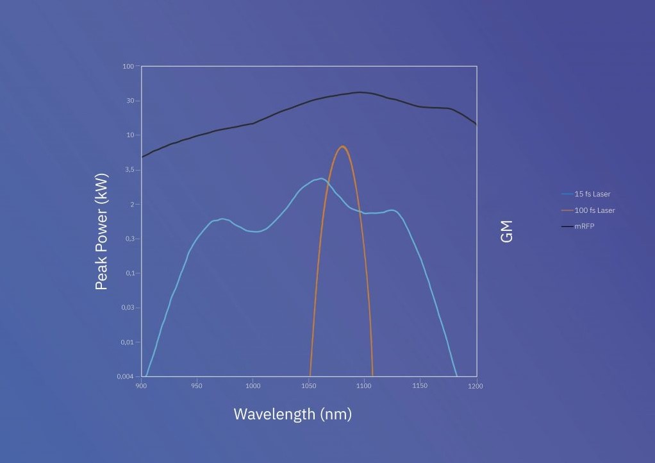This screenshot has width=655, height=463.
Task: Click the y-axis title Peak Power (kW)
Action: coord(101,231)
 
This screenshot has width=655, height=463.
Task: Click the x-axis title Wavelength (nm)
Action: coord(292,414)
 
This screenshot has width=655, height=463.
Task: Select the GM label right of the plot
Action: coord(507,231)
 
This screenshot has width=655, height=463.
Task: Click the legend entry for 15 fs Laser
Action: coord(592,194)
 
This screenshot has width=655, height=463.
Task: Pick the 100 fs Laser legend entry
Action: coord(594,210)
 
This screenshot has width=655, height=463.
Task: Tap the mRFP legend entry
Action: coord(584,226)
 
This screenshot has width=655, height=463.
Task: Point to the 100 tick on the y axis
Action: coord(128,66)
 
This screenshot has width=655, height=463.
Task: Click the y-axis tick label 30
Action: coord(130,101)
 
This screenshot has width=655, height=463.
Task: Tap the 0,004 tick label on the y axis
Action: coord(125,376)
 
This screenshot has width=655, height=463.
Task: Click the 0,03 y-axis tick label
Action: coord(127,308)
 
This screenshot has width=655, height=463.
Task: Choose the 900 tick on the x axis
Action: coord(142,386)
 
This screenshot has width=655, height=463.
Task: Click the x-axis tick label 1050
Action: coord(309,386)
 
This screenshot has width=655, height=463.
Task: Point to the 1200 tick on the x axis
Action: coord(476,386)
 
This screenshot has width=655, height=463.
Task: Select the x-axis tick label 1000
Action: coord(253,386)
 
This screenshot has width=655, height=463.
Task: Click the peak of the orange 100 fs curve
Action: coord(344,146)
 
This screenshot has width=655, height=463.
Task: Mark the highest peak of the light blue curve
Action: coord(320,178)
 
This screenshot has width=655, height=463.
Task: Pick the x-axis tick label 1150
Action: coord(420,386)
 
